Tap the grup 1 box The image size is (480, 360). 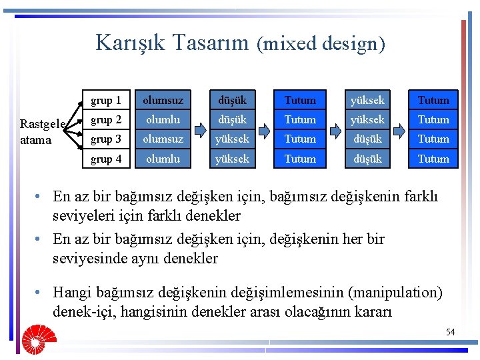pos(106,100)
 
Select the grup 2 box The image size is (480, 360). pos(106,119)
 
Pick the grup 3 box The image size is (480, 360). pos(106,139)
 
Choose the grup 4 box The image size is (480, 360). pos(106,159)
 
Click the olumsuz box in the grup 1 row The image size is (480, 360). pos(164,100)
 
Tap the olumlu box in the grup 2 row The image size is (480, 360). pos(164,119)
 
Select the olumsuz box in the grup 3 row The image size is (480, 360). pos(164,139)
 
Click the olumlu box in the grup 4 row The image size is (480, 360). pos(164,159)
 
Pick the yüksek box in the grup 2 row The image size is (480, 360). pos(367,119)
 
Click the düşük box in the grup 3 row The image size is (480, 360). pos(367,139)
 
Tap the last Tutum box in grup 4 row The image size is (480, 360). pos(433,159)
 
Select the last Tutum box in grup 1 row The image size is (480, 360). pos(433,100)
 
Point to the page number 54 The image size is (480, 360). pos(450,332)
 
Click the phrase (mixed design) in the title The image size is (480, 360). pos(321,44)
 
